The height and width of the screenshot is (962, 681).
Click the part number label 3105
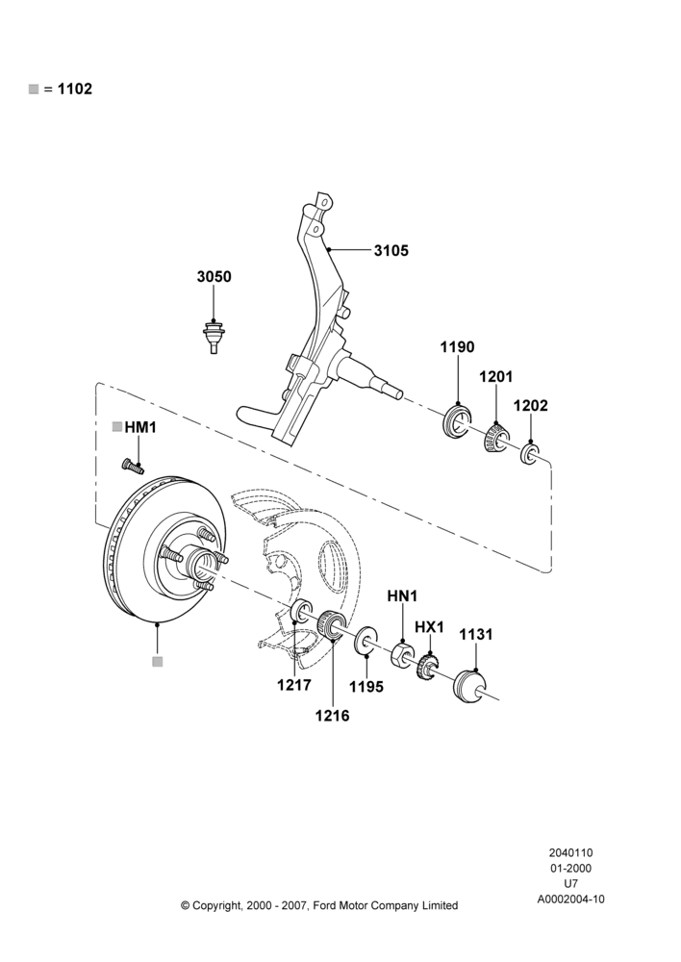391,250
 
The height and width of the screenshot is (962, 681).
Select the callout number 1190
457,347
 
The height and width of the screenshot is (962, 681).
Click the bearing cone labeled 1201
495,438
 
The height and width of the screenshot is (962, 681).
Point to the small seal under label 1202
530,454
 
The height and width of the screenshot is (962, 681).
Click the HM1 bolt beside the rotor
133,467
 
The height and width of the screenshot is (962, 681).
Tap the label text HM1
140,428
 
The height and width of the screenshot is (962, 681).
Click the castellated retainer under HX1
429,667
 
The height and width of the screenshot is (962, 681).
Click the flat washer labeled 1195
366,641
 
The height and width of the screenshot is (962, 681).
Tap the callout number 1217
294,685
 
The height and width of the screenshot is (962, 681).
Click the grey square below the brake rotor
158,662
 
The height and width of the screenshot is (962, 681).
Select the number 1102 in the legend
75,89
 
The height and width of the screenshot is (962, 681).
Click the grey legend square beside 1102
33,89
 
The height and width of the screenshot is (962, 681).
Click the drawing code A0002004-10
570,899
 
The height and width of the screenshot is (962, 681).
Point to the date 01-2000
570,868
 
